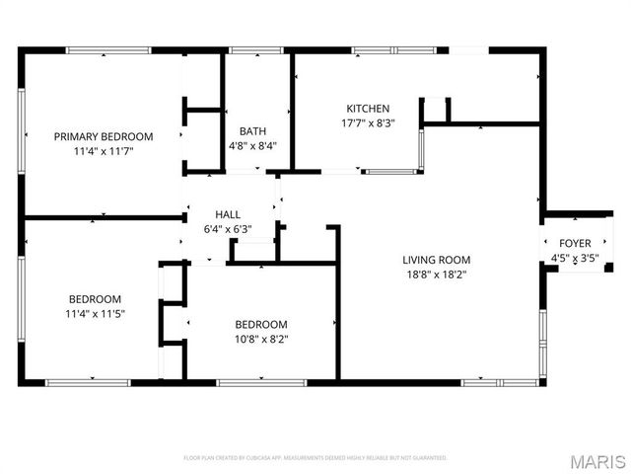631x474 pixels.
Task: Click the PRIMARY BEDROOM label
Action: coord(104,136)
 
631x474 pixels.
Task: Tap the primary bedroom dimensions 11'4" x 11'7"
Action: coord(104,152)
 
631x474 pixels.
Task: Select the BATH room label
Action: coord(252,130)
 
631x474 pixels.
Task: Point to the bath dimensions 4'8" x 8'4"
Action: coord(252,145)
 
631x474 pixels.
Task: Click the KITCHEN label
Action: coord(368,109)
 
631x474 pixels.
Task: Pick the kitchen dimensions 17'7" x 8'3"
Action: coord(368,124)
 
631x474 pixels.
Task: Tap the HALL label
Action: coord(228,214)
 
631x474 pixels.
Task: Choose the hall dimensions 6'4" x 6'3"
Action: coord(228,229)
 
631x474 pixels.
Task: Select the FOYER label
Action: coord(575,243)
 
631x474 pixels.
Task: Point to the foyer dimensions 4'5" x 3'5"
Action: coord(575,259)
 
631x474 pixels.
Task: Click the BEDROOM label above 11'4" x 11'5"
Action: coord(95,299)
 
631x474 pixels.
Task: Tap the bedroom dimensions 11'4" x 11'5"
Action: coord(95,314)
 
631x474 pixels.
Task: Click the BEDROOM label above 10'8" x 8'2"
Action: coord(261,324)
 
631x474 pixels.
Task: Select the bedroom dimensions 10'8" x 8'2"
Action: coord(261,340)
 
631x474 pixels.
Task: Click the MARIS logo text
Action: coord(597,461)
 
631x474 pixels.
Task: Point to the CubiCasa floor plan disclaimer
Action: coord(315,458)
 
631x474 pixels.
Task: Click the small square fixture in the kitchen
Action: coord(435,110)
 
